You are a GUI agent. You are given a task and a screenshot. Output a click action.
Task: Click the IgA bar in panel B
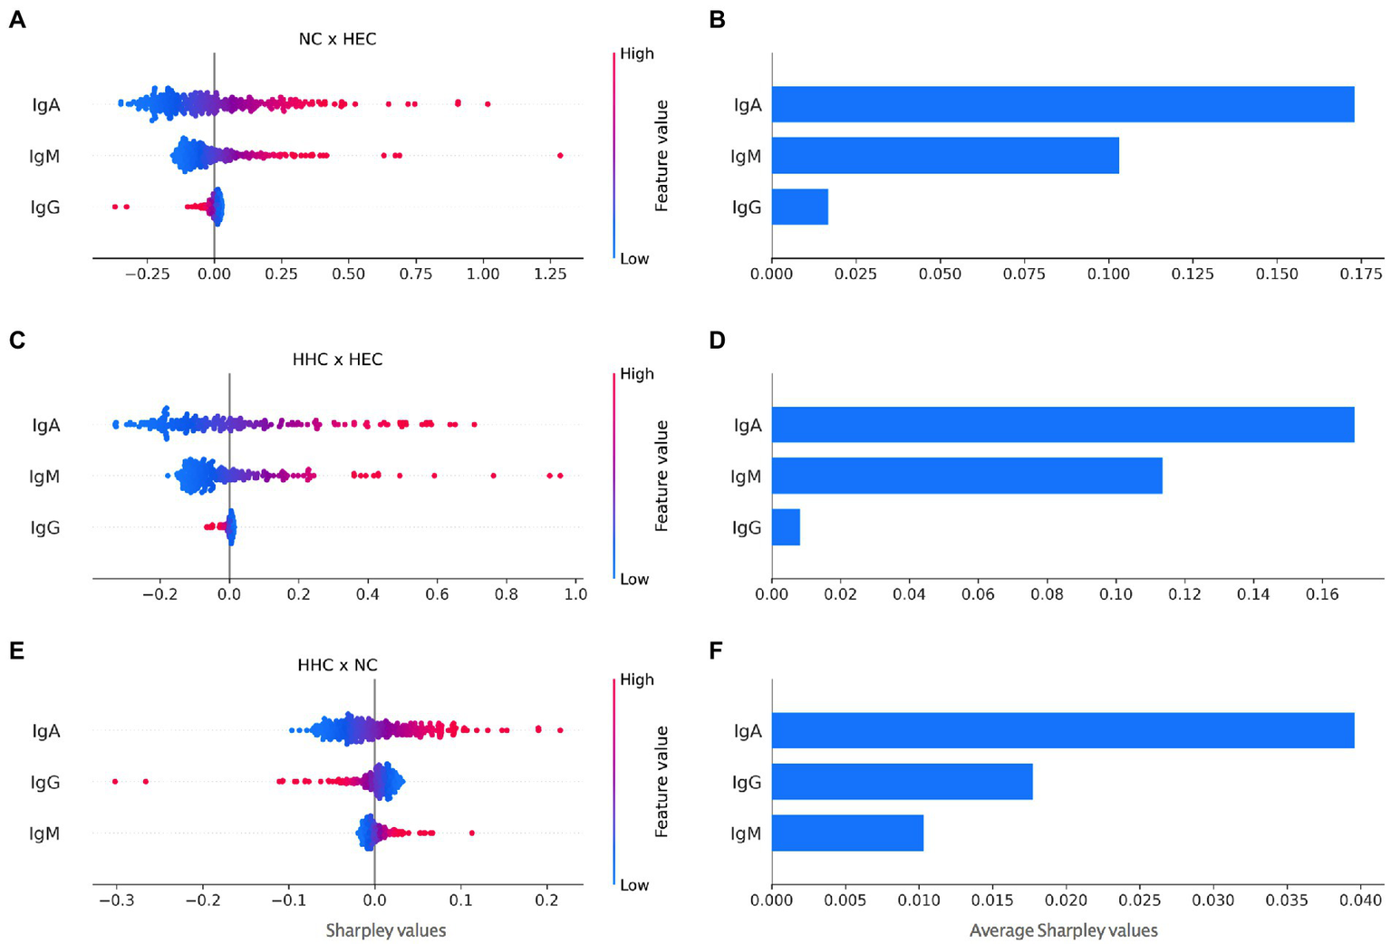click(1062, 104)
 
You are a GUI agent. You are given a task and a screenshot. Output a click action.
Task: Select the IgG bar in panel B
click(799, 207)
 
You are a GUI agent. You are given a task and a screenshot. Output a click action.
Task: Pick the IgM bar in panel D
click(966, 476)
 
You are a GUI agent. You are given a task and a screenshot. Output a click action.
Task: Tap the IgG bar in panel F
click(902, 782)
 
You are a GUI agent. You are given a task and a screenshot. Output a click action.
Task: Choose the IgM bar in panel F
click(847, 833)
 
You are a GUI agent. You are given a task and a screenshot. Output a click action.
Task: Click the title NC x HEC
click(337, 39)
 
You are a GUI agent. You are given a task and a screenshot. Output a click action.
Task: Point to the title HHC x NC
click(337, 665)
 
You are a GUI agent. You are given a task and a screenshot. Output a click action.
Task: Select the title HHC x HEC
click(337, 360)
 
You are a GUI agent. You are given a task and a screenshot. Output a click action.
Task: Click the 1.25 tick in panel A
click(549, 274)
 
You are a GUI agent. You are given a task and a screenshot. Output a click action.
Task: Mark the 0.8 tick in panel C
click(507, 594)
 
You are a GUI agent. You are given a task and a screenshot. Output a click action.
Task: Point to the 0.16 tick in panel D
click(1322, 594)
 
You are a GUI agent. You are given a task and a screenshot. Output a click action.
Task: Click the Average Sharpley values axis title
click(1063, 930)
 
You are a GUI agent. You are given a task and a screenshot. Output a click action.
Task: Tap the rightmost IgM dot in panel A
click(560, 156)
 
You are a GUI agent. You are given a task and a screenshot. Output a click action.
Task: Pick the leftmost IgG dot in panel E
click(115, 781)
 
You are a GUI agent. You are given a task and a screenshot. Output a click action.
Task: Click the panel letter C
click(16, 340)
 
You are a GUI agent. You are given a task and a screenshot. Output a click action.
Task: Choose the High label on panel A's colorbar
click(636, 53)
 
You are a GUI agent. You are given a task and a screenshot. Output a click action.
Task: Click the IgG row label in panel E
click(45, 782)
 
